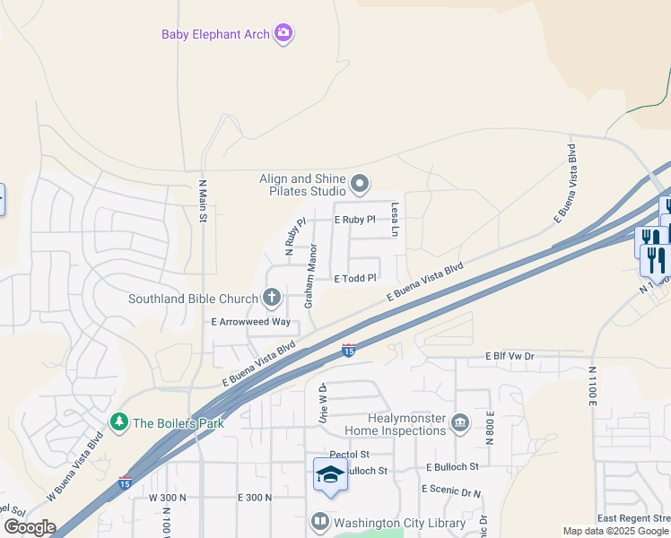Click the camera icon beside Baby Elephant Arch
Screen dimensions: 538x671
pos(284,34)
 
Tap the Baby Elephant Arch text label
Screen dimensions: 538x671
pos(215,35)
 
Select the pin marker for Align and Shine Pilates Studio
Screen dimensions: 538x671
pos(360,185)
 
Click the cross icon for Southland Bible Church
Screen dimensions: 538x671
pos(272,298)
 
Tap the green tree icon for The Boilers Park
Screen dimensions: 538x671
pos(118,421)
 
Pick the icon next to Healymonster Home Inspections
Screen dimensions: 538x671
pos(460,422)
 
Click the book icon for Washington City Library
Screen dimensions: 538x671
pos(319,522)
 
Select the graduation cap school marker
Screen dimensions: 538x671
pos(329,474)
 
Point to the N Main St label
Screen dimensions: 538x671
pos(203,202)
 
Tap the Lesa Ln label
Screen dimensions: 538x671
pos(394,220)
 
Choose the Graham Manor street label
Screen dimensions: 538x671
pos(310,276)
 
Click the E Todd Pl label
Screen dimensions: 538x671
pos(354,279)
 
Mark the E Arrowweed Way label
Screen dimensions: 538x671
pos(251,321)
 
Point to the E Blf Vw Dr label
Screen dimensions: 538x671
pos(510,356)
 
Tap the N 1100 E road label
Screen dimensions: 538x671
pos(593,386)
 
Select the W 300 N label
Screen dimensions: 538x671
pos(167,497)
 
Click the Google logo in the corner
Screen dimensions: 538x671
pos(29,527)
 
